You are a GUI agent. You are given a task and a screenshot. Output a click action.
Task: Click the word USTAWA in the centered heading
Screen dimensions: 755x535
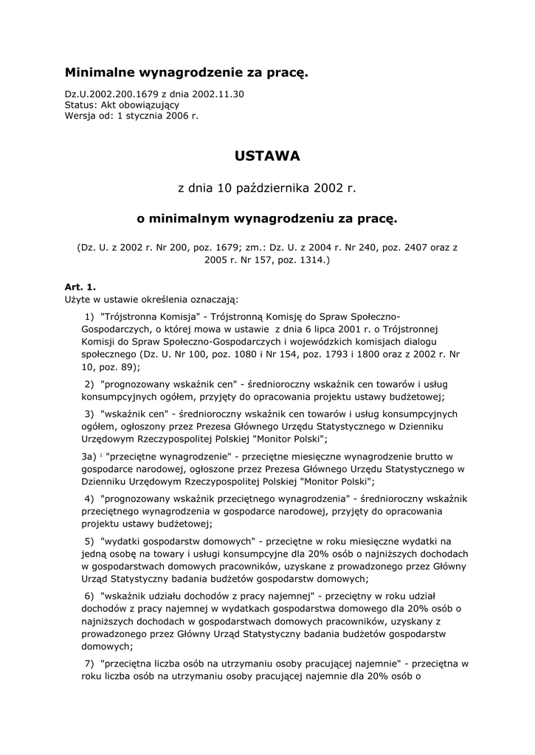point(267,156)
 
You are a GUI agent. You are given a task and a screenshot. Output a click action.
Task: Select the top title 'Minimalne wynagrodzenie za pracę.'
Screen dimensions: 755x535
point(186,72)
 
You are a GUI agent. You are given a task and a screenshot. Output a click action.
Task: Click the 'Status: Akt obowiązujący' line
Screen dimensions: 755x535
point(122,105)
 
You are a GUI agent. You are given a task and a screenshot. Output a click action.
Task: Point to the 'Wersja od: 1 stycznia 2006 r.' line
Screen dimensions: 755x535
point(131,116)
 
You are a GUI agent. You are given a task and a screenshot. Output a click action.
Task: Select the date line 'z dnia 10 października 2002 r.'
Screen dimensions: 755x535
point(267,188)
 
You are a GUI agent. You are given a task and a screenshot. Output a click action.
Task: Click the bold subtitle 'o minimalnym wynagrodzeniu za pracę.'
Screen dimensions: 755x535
point(267,219)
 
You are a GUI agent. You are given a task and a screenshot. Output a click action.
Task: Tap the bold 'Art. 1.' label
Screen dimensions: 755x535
point(80,287)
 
